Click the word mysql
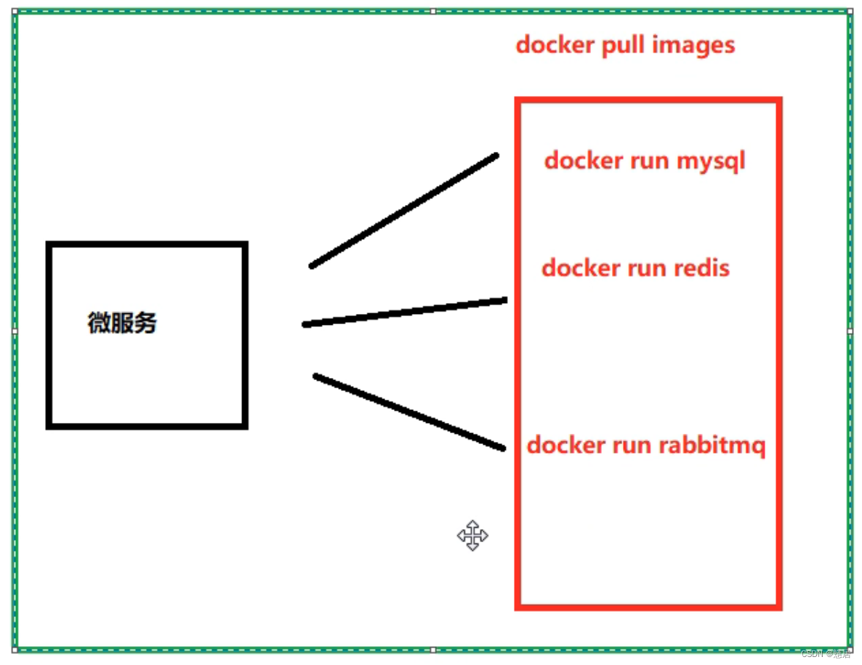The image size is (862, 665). click(x=710, y=161)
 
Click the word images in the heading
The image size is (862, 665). click(x=693, y=45)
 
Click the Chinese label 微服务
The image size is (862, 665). click(x=122, y=323)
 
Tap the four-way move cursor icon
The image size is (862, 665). click(x=472, y=536)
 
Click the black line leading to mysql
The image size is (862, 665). click(x=404, y=211)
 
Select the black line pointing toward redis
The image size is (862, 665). click(x=404, y=312)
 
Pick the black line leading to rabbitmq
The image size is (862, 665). click(x=409, y=412)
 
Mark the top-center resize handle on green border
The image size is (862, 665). click(x=433, y=11)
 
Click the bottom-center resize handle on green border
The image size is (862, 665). click(x=433, y=650)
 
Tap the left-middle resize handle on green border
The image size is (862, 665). click(x=15, y=331)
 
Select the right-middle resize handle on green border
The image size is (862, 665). click(x=850, y=331)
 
